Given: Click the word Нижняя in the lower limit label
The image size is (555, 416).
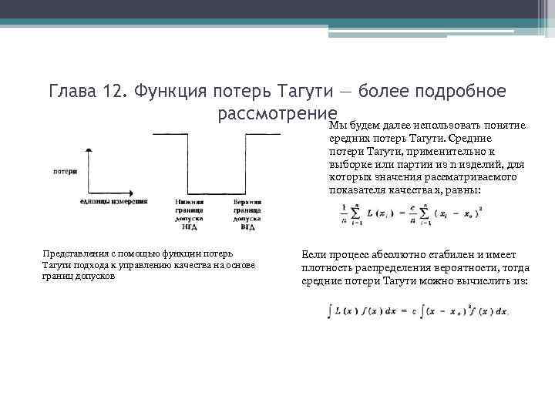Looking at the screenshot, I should [x=189, y=202].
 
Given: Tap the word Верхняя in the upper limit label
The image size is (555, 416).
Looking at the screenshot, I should [x=247, y=202].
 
